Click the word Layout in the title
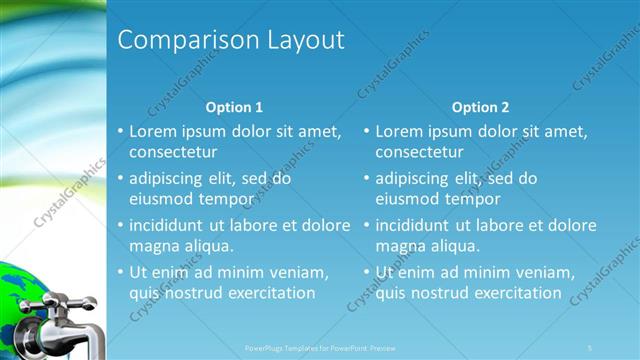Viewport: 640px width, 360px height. coord(305,40)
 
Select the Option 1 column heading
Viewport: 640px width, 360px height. coord(234,107)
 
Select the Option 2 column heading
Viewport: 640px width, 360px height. coord(480,107)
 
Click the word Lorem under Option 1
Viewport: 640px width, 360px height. coord(156,131)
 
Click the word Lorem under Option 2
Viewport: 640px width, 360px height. coord(402,131)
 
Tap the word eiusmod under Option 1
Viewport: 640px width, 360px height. coord(161,199)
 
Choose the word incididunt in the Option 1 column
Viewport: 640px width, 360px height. coord(167,225)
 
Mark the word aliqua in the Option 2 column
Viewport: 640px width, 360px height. coord(457,246)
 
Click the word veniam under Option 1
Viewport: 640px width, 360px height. coord(300,272)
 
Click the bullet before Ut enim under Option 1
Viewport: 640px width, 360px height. coord(120,272)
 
